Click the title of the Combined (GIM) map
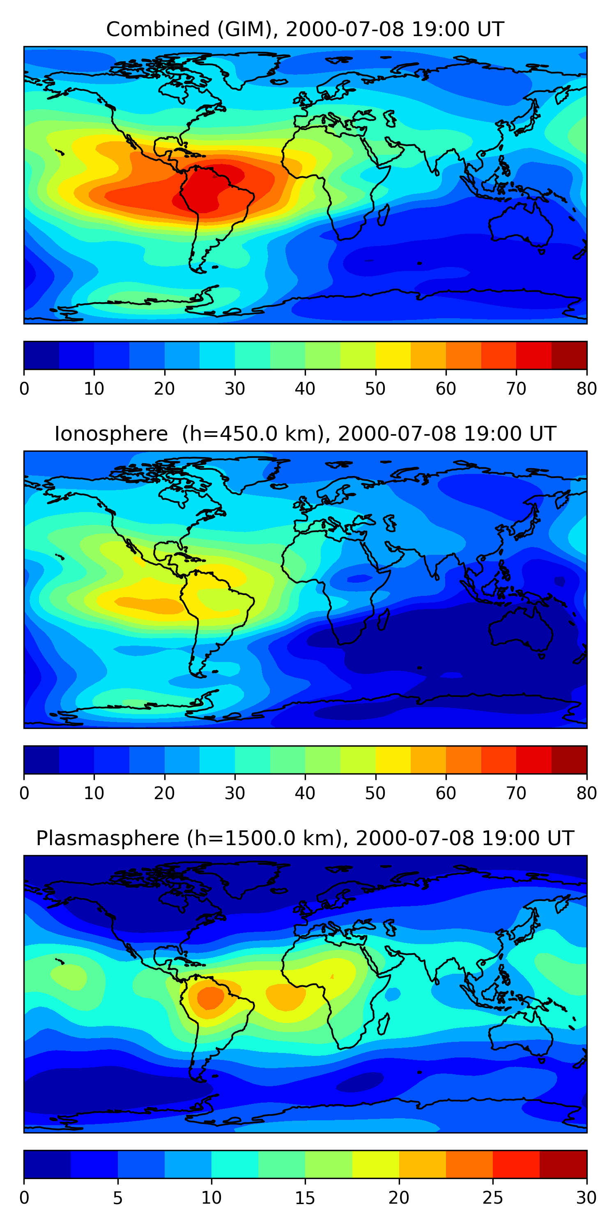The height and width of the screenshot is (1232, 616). coord(305,30)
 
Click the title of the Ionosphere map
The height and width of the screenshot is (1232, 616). coord(305,434)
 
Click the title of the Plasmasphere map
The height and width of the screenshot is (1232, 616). coord(305,839)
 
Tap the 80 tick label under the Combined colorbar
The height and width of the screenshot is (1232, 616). coord(586,389)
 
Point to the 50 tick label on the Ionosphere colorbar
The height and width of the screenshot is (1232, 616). coord(375,793)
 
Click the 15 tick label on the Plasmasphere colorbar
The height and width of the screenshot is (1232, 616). coord(305,1198)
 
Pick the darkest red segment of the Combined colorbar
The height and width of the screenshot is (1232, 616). coord(569,355)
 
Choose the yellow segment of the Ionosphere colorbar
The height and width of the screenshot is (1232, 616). coord(393,759)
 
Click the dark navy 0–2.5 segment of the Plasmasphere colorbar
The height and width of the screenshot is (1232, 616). coord(47,1164)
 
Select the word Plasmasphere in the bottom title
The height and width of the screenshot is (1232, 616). coord(108,839)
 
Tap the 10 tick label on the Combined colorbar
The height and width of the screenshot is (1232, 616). coord(94,389)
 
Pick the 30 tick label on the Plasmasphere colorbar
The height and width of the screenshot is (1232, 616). coord(586,1198)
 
